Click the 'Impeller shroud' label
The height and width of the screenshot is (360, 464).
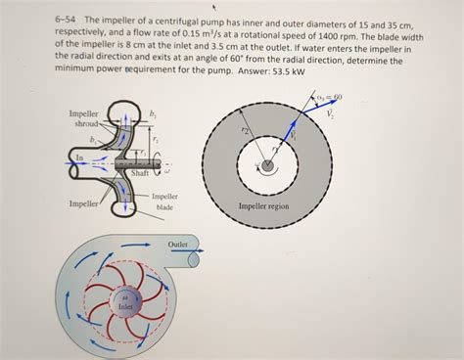click(x=86, y=119)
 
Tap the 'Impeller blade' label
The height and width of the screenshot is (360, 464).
click(x=164, y=202)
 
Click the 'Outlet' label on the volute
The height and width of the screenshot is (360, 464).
click(x=177, y=244)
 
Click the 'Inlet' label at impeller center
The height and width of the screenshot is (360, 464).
click(x=124, y=306)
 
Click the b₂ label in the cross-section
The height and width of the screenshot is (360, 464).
click(x=152, y=114)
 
